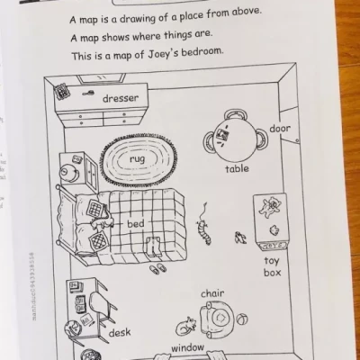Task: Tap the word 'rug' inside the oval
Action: click(138, 157)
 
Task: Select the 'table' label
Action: click(237, 168)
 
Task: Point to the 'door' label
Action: click(280, 129)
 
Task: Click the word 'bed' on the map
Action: click(135, 223)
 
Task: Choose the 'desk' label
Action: click(120, 332)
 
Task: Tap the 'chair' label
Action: click(212, 293)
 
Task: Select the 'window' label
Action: click(188, 347)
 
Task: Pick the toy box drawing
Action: click(269, 219)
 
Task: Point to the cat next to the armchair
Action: click(188, 326)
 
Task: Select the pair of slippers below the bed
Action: click(158, 267)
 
